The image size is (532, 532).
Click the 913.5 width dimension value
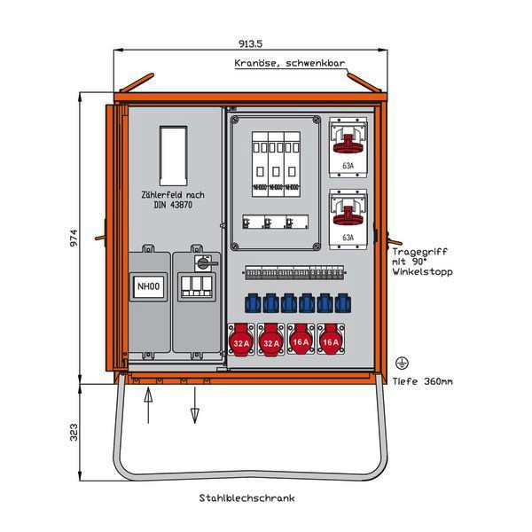pyautogui.click(x=249, y=43)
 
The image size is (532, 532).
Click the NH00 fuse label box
pyautogui.click(x=148, y=286)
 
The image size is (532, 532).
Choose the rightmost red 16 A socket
pyautogui.click(x=331, y=340)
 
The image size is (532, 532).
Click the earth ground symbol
pyautogui.click(x=401, y=364)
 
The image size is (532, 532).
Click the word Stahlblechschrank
pyautogui.click(x=248, y=497)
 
